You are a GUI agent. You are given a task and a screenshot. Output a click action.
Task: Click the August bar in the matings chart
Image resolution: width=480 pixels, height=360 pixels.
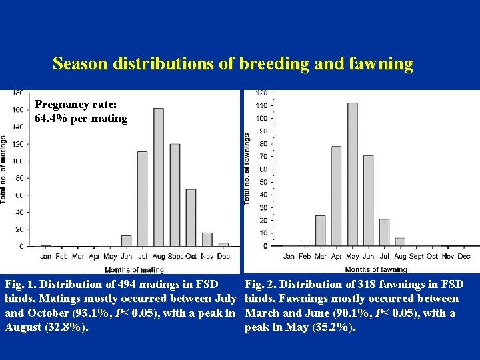159,177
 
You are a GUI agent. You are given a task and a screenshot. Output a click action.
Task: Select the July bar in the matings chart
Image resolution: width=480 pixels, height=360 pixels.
143,199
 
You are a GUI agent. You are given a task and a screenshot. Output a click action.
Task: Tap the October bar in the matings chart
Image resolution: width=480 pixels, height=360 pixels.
191,217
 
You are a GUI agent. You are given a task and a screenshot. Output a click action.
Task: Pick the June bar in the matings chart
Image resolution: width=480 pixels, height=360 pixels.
127,241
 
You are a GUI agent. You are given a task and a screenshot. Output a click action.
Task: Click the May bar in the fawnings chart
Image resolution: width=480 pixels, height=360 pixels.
353,174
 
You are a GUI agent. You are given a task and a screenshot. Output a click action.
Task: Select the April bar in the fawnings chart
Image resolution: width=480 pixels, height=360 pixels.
336,196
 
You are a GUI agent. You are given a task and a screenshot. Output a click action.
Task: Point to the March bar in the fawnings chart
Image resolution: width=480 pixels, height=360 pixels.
321,231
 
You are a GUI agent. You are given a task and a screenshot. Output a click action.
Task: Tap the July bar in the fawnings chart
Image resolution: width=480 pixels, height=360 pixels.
384,233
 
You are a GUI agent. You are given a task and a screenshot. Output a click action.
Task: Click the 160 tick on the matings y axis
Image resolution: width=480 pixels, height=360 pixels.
19,109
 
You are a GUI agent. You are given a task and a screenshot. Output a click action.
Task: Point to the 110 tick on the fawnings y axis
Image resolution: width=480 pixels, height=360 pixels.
261,105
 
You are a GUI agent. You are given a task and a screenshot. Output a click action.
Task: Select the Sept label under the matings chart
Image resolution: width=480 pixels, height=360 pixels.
175,256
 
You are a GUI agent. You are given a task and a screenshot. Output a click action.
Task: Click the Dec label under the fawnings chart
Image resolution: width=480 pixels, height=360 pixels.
464,256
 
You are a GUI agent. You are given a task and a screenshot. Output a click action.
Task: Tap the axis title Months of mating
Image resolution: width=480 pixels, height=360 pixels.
134,270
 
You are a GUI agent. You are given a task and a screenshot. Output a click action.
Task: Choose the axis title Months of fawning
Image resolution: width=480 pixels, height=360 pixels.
376,270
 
